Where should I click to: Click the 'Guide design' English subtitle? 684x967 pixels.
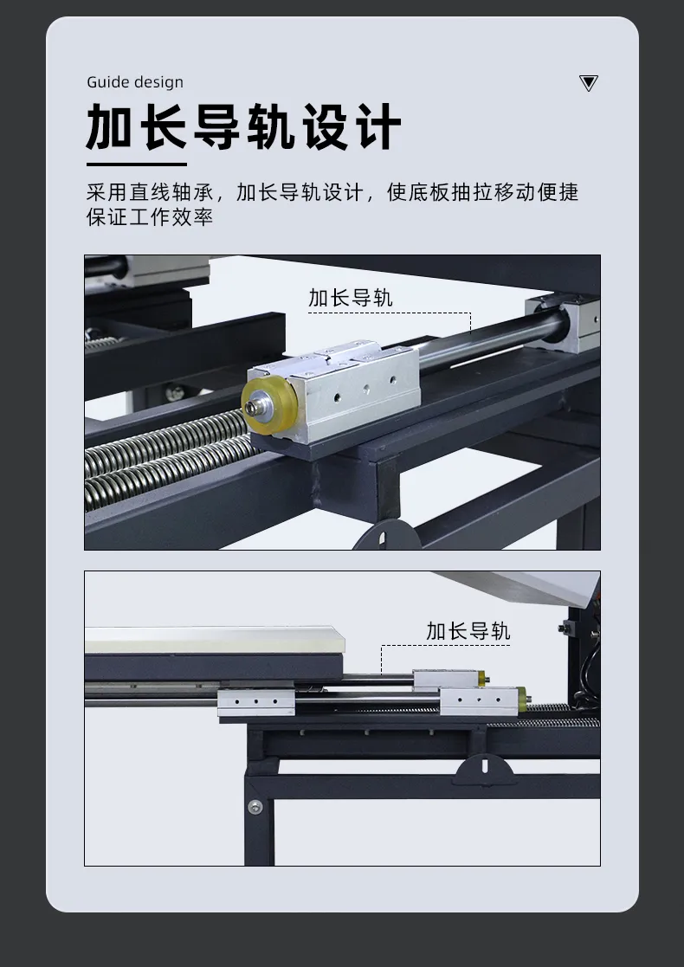click(134, 82)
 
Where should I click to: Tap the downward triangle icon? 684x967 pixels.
click(589, 82)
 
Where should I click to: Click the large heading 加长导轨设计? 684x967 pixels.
click(243, 127)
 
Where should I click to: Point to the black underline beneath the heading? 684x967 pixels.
click(136, 164)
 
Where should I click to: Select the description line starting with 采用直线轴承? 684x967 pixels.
click(332, 192)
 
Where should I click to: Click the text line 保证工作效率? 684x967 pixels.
click(150, 216)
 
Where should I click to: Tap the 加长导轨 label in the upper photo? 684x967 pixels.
click(351, 298)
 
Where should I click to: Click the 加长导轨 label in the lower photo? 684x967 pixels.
click(468, 631)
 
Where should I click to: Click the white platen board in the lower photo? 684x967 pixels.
click(215, 640)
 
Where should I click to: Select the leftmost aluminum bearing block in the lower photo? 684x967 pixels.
click(256, 703)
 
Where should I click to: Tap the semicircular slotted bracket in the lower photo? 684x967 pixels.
click(484, 770)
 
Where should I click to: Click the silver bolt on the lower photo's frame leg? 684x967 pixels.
click(255, 807)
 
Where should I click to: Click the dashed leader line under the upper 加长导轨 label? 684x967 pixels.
click(390, 313)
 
